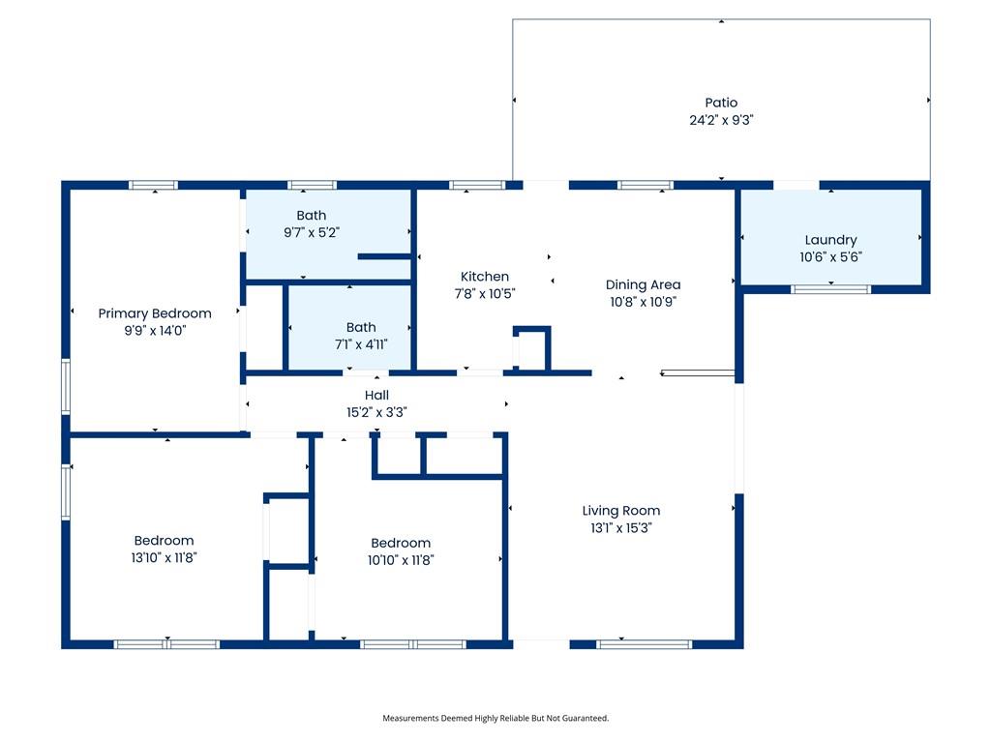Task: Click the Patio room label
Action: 721,103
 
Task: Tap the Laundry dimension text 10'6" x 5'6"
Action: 830,256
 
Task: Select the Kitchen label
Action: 484,276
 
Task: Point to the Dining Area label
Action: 643,285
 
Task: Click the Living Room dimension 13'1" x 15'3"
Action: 620,527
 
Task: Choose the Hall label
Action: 376,395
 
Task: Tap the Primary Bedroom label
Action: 155,313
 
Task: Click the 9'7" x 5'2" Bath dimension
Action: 312,232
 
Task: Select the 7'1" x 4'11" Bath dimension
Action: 361,343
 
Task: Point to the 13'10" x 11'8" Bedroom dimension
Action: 164,557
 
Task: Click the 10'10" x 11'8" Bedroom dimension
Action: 401,560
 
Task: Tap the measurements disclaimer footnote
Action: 495,718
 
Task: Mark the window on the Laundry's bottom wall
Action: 830,289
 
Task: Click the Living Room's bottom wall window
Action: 644,644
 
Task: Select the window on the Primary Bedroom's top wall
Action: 154,185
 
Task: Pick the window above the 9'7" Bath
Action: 313,185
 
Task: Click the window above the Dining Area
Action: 646,185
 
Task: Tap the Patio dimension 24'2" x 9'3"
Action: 721,119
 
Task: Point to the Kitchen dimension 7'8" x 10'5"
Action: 485,293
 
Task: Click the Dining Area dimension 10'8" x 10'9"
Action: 643,302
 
